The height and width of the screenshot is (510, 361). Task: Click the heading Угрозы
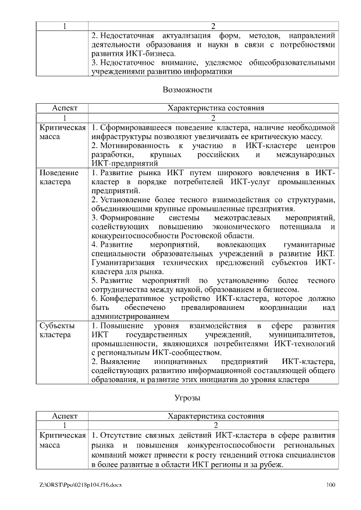click(187, 398)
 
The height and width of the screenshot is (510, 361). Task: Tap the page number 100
click(331, 485)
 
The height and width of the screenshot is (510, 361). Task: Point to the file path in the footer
click(81, 485)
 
